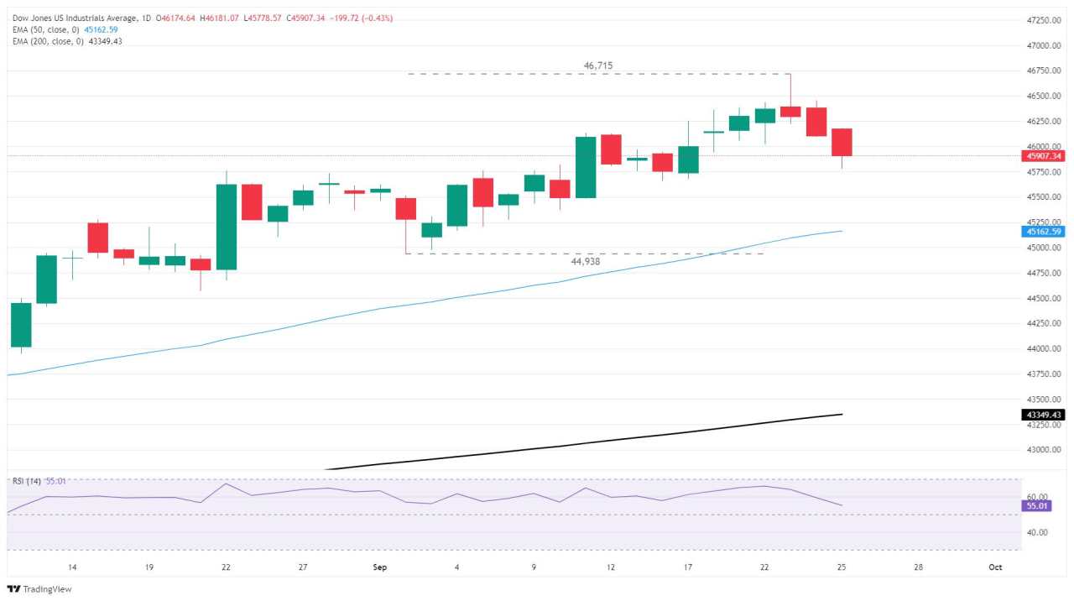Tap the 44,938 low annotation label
click(586, 262)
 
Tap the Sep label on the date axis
click(381, 567)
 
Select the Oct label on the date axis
click(995, 567)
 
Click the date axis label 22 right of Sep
click(764, 567)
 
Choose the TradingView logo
click(40, 589)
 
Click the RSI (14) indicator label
click(28, 481)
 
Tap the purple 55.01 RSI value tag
click(1037, 506)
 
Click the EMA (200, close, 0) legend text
click(48, 41)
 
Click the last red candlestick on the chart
click(842, 143)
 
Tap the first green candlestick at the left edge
click(20, 325)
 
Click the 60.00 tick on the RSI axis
click(1037, 497)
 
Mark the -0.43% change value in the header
click(378, 18)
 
